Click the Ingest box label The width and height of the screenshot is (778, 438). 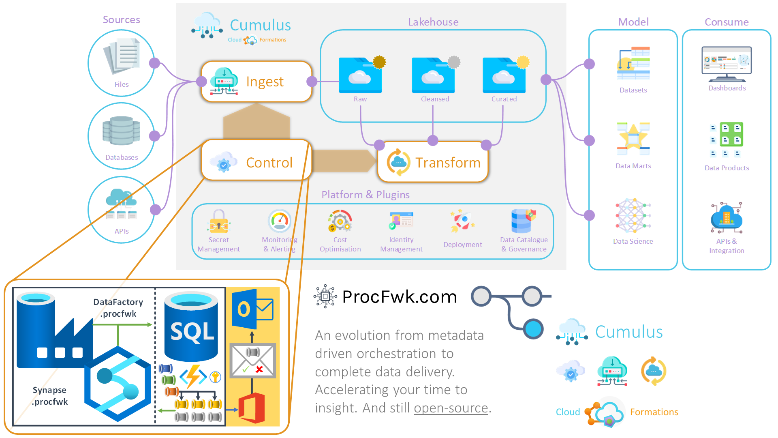pyautogui.click(x=265, y=82)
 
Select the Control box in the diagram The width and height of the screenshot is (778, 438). pyautogui.click(x=256, y=161)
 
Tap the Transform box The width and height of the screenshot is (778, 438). pyautogui.click(x=433, y=162)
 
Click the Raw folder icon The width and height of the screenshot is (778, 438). pyautogui.click(x=360, y=75)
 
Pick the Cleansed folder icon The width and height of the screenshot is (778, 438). pyautogui.click(x=434, y=75)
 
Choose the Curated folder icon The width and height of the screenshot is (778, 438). pyautogui.click(x=504, y=75)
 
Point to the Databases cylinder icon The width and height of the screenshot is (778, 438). pyautogui.click(x=121, y=131)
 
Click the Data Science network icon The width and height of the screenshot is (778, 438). pyautogui.click(x=633, y=215)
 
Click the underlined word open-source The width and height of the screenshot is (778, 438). pyautogui.click(x=451, y=408)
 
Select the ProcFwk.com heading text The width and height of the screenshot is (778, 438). pyautogui.click(x=400, y=297)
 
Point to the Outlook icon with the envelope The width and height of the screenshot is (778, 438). pyautogui.click(x=252, y=309)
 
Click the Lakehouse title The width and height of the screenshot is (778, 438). pyautogui.click(x=433, y=22)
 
